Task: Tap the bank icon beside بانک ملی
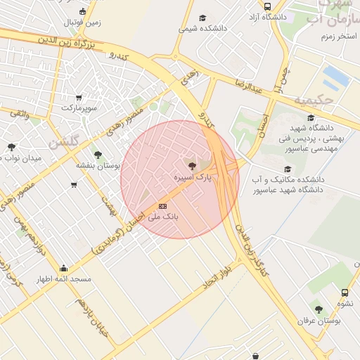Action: point(163,206)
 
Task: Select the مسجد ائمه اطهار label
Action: point(64,279)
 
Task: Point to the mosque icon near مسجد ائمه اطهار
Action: point(64,268)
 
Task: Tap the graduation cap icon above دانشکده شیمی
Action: point(202,18)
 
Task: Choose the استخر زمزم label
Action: point(337,36)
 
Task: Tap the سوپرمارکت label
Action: point(77,108)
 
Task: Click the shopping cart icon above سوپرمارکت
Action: point(78,98)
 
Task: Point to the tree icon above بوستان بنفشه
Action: point(97,155)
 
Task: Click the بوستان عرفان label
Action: point(319,321)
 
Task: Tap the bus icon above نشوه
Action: point(345,292)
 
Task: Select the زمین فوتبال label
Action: point(83,22)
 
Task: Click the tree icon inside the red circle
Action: point(192,166)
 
